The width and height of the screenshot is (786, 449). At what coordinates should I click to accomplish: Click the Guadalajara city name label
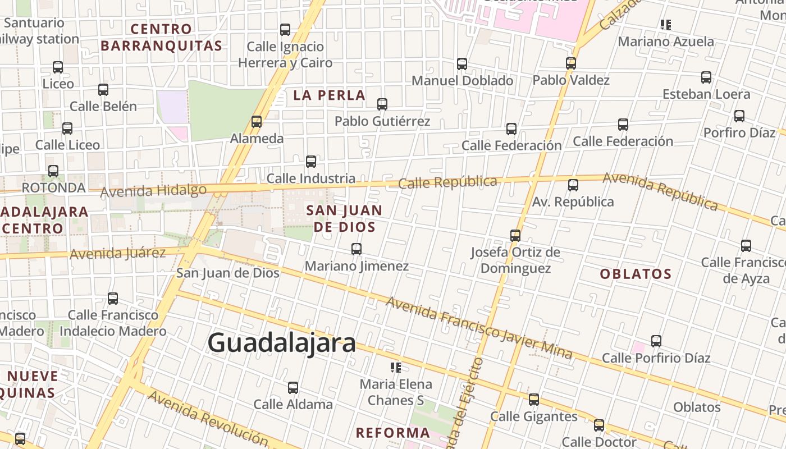(x=281, y=343)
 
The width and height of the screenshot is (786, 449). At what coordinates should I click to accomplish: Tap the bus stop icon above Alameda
(x=257, y=121)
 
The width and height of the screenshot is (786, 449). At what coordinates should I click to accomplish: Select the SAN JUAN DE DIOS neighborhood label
(x=345, y=218)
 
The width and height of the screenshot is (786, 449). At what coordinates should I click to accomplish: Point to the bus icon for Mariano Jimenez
(x=356, y=249)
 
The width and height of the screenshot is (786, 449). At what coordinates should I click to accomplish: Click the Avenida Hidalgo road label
(x=153, y=191)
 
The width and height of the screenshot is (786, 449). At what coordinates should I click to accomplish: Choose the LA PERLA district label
(x=329, y=95)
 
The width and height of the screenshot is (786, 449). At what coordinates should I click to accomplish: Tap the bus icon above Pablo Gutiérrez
(x=382, y=104)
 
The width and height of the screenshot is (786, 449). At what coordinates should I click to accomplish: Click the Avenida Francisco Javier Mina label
(x=478, y=328)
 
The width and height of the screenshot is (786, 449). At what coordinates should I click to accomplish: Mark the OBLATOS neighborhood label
(x=636, y=274)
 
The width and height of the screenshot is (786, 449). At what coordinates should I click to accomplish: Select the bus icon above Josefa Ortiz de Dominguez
(x=515, y=235)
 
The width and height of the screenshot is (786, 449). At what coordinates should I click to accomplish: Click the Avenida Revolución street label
(x=208, y=418)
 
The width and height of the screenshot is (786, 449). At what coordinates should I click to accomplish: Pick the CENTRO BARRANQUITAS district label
(x=162, y=37)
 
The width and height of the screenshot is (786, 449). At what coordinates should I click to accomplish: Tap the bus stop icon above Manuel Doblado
(x=462, y=64)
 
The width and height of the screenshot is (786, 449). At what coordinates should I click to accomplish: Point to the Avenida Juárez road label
(x=117, y=253)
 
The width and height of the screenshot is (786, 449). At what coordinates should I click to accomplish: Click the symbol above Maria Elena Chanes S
(x=396, y=368)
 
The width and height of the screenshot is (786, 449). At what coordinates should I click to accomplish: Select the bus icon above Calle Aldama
(x=293, y=387)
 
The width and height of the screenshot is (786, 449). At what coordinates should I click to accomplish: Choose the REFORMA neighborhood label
(x=392, y=433)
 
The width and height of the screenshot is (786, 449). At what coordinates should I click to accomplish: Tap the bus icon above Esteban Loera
(x=706, y=77)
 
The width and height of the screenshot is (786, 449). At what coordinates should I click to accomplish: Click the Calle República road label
(x=447, y=182)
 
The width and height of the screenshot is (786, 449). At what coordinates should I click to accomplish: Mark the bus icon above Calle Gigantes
(x=534, y=400)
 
